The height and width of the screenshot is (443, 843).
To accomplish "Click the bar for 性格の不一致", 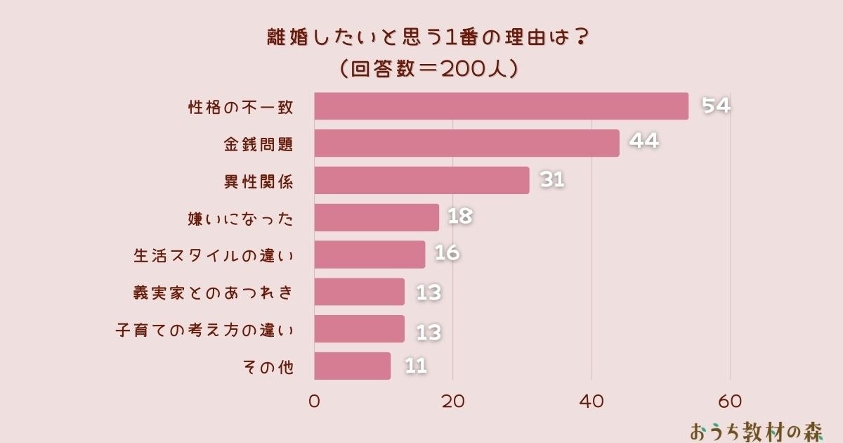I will (501, 106).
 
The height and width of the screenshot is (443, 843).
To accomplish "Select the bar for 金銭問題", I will (466, 143).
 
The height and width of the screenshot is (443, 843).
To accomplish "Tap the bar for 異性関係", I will (421, 181).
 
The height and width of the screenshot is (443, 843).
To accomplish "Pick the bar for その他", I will (352, 366).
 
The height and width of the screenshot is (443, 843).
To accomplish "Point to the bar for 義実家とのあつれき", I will (359, 292).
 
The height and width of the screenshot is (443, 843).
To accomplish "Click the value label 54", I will (717, 106).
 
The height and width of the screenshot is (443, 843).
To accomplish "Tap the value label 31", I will (552, 180).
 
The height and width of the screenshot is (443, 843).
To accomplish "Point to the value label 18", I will (460, 217).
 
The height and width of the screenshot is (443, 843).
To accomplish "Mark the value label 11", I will (416, 366).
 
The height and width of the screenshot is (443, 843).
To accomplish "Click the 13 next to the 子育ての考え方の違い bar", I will (429, 332).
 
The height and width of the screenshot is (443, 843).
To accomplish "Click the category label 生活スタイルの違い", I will (214, 255).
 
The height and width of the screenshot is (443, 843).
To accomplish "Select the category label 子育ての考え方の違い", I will (204, 330).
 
